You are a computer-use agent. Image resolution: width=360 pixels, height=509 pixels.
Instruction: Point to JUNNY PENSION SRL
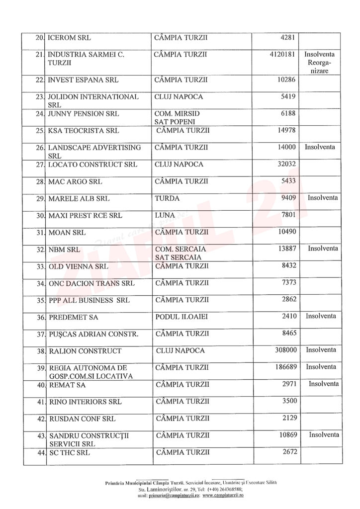pyautogui.click(x=84, y=114)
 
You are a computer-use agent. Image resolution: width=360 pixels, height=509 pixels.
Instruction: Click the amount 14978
pyautogui.click(x=287, y=131)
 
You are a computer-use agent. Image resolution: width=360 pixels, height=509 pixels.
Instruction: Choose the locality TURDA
pyautogui.click(x=167, y=198)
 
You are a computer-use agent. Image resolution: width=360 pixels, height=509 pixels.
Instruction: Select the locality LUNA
pyautogui.click(x=165, y=216)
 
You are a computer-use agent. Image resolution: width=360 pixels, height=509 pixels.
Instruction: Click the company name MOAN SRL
pyautogui.click(x=67, y=233)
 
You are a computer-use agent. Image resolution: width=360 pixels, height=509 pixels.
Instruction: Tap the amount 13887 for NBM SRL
pyautogui.click(x=287, y=249)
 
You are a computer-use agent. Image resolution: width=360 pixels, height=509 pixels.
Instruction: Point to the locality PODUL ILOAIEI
pyautogui.click(x=182, y=316)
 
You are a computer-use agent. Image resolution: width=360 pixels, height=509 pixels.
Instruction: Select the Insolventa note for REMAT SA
pyautogui.click(x=324, y=384)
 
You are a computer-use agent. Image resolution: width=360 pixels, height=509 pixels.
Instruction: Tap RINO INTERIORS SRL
pyautogui.click(x=85, y=402)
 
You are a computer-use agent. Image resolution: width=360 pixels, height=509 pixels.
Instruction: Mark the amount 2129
pyautogui.click(x=289, y=418)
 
